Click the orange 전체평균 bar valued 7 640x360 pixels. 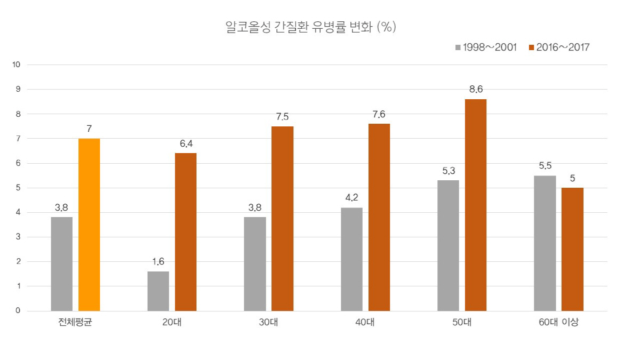[x=89, y=225]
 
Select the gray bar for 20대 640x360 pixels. [x=158, y=291]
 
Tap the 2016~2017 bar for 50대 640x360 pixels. [x=476, y=205]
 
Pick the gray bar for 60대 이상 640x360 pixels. [x=545, y=243]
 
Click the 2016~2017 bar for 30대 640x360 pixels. [x=282, y=219]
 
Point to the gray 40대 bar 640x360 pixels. [x=351, y=259]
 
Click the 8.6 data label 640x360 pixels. [x=476, y=90]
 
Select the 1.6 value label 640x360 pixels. [x=158, y=261]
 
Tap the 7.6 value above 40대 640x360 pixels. [x=379, y=114]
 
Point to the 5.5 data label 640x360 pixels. [x=545, y=166]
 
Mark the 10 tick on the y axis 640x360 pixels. [x=16, y=65]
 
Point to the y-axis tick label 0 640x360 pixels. [x=18, y=311]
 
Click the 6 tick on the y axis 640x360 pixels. [x=18, y=163]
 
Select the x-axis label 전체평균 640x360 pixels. [x=75, y=324]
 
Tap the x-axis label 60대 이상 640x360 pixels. [x=558, y=324]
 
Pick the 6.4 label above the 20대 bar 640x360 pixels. [x=186, y=143]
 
